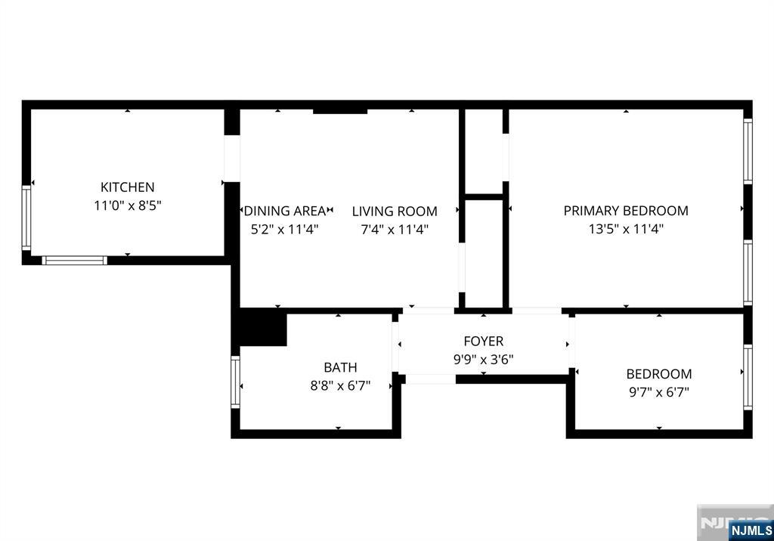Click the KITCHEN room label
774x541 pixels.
pyautogui.click(x=128, y=187)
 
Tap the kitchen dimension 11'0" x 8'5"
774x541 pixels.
pyautogui.click(x=128, y=205)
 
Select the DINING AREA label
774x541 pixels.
pyautogui.click(x=285, y=212)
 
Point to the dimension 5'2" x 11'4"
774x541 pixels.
pyautogui.click(x=285, y=230)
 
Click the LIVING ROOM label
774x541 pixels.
pyautogui.click(x=395, y=212)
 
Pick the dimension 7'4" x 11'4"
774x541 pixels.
pyautogui.click(x=395, y=230)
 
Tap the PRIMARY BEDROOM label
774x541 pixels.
pyautogui.click(x=626, y=211)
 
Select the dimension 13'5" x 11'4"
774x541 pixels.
pyautogui.click(x=626, y=229)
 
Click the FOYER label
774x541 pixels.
pyautogui.click(x=483, y=342)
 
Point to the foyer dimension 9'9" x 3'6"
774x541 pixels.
pyautogui.click(x=483, y=360)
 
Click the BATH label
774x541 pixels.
pyautogui.click(x=340, y=367)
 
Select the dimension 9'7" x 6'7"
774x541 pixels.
pyautogui.click(x=658, y=391)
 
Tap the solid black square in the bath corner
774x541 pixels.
pyautogui.click(x=262, y=329)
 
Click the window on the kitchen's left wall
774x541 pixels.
pyautogui.click(x=26, y=218)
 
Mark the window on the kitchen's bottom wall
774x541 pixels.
pyautogui.click(x=74, y=261)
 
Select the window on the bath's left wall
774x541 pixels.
pyautogui.click(x=235, y=382)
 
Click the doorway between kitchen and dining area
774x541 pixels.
pyautogui.click(x=232, y=159)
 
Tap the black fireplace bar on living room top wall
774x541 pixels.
pyautogui.click(x=340, y=110)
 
